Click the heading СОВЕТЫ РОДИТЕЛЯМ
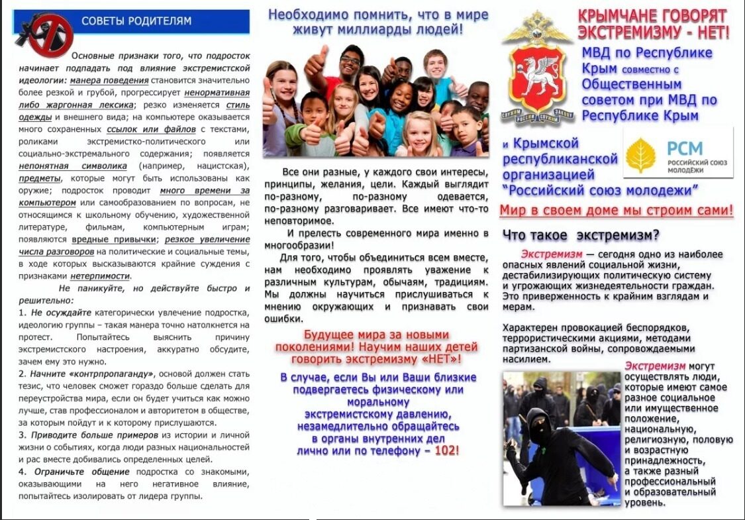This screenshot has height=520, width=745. (136, 21)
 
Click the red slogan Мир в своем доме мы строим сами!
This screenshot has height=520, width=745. (616, 211)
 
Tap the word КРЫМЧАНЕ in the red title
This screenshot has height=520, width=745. (615, 15)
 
